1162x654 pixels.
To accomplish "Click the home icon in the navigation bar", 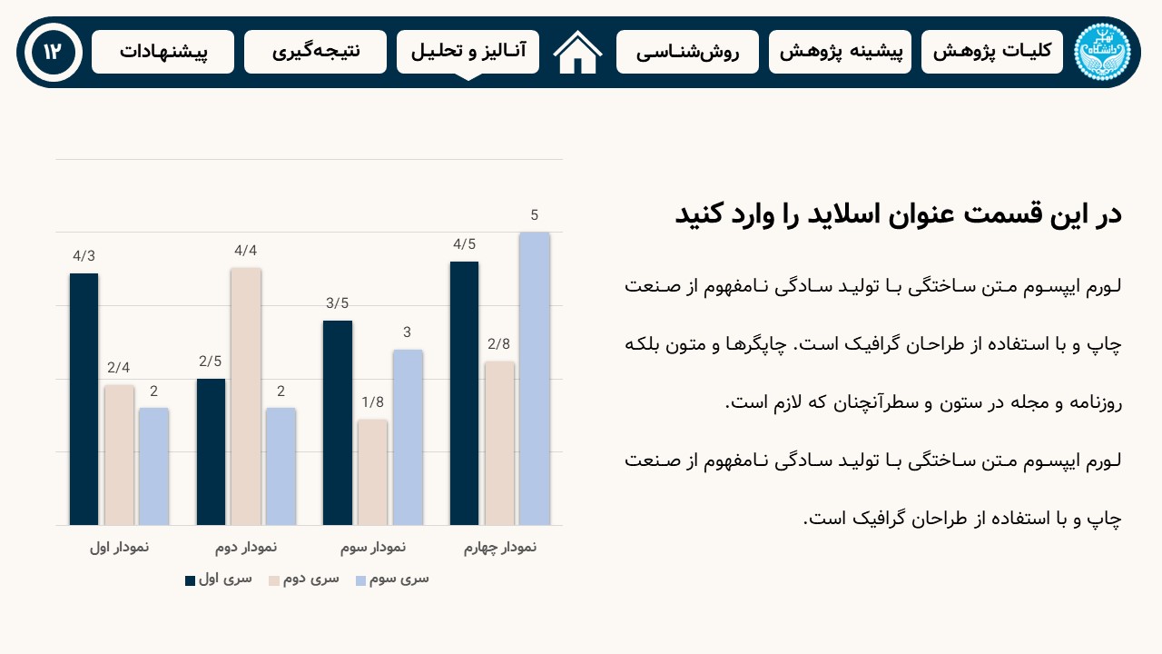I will pos(577,53).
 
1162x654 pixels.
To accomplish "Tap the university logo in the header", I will pos(1101,52).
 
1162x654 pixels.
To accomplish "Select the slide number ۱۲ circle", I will pos(52,52).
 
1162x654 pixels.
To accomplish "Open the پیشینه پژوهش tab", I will pos(840,52).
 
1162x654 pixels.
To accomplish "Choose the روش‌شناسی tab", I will pos(687,52).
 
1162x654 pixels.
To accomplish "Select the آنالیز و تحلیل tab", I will pos(468,52).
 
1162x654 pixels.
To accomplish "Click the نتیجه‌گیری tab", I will pos(315,52).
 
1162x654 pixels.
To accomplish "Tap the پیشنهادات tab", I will pos(162,52).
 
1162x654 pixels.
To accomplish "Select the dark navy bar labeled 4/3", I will pos(84,399).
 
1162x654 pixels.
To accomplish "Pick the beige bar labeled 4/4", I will pos(246,396).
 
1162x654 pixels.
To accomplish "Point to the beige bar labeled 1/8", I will pos(372,472).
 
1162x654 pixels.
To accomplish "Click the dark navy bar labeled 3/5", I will pos(338,422).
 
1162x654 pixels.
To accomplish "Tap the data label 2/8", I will pos(499,344).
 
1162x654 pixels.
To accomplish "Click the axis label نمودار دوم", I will pos(246,548).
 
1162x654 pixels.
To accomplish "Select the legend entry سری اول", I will pos(219,579).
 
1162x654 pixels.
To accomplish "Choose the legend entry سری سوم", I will pos(392,579).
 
